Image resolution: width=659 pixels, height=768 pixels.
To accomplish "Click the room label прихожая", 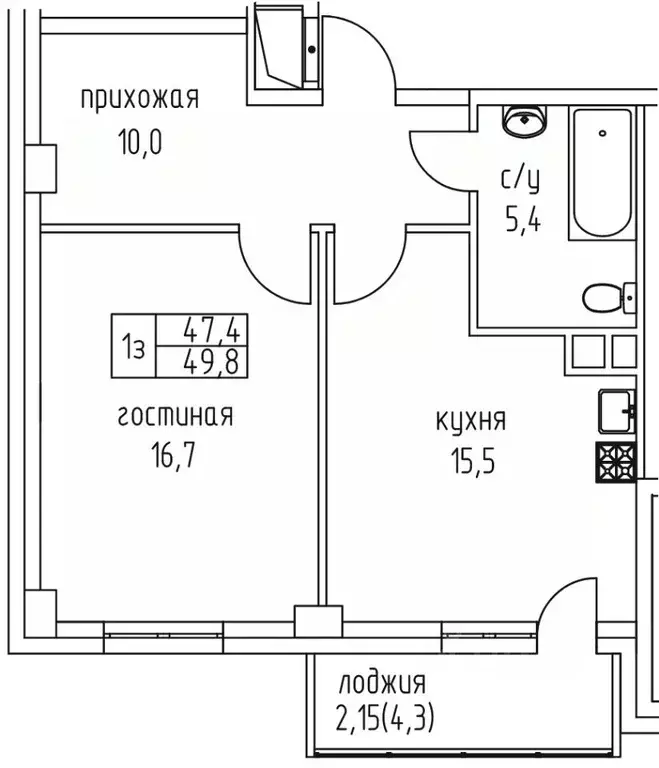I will pyautogui.click(x=139, y=98).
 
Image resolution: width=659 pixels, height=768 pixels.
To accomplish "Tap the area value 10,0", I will pyautogui.click(x=139, y=140).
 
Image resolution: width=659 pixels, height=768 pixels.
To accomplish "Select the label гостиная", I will pyautogui.click(x=176, y=416).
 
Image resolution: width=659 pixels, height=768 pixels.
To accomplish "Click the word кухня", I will pyautogui.click(x=471, y=420).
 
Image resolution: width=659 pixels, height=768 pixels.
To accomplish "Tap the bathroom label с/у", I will pyautogui.click(x=520, y=179).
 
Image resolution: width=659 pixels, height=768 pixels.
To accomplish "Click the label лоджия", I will pyautogui.click(x=381, y=684).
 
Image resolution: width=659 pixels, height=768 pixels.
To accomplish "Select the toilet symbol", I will pyautogui.click(x=605, y=297).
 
